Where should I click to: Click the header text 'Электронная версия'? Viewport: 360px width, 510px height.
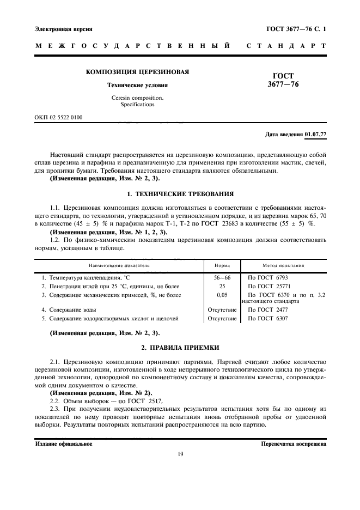click(63, 28)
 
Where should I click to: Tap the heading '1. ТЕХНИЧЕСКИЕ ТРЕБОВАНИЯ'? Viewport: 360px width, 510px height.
click(180, 194)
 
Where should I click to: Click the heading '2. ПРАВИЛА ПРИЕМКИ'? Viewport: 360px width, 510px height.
click(180, 347)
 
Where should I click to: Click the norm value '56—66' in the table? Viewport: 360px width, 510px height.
click(222, 277)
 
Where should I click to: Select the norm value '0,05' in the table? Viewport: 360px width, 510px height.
click(222, 295)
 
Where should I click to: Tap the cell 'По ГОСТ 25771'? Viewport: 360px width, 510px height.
click(269, 286)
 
